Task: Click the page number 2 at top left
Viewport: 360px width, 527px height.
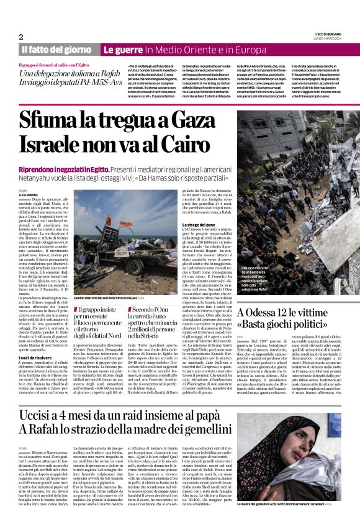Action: [x=20, y=37]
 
